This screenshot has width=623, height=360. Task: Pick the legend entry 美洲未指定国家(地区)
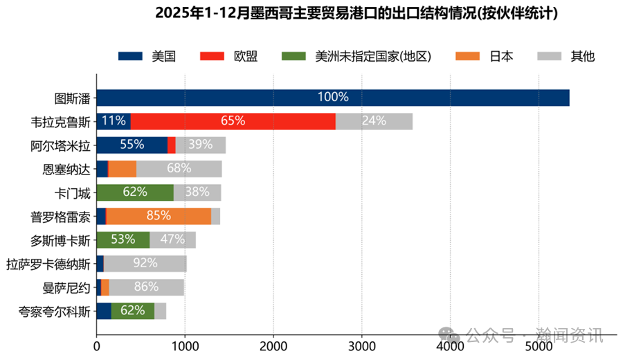[x=356, y=57]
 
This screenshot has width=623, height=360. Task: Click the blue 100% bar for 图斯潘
[x=332, y=98]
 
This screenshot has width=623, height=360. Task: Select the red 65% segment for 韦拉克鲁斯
[x=233, y=121]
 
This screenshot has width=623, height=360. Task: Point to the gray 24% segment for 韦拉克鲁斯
[x=374, y=121]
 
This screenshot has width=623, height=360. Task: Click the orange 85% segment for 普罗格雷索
[x=158, y=216]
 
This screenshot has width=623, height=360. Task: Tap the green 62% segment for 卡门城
[x=135, y=192]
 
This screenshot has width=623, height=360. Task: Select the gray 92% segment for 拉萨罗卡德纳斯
[x=145, y=264]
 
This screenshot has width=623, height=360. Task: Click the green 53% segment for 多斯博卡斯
[x=123, y=240]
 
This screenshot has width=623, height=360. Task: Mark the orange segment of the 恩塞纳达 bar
[x=123, y=169]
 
